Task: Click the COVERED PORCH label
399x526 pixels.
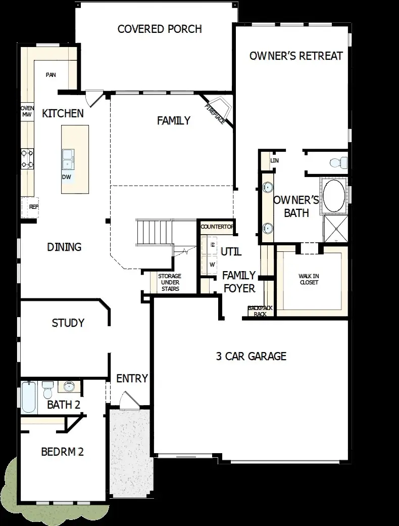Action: click(x=160, y=29)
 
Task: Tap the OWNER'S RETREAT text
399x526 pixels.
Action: click(x=296, y=56)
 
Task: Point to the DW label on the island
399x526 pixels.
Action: click(x=67, y=177)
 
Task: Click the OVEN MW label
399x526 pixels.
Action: click(x=27, y=111)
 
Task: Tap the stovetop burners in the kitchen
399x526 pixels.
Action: click(x=27, y=158)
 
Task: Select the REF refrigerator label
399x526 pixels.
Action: click(x=33, y=207)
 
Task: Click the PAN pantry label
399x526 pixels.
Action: click(x=51, y=75)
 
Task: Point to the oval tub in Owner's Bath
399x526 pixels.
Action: click(x=334, y=196)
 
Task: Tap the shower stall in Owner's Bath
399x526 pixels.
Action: click(x=335, y=229)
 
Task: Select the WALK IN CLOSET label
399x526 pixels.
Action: click(x=309, y=279)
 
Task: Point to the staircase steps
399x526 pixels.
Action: click(x=155, y=232)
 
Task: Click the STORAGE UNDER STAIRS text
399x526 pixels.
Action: click(x=169, y=283)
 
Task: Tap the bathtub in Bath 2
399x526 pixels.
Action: click(x=29, y=398)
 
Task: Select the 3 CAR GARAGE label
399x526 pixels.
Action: click(x=251, y=356)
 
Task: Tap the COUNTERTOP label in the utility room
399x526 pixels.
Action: click(x=217, y=227)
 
